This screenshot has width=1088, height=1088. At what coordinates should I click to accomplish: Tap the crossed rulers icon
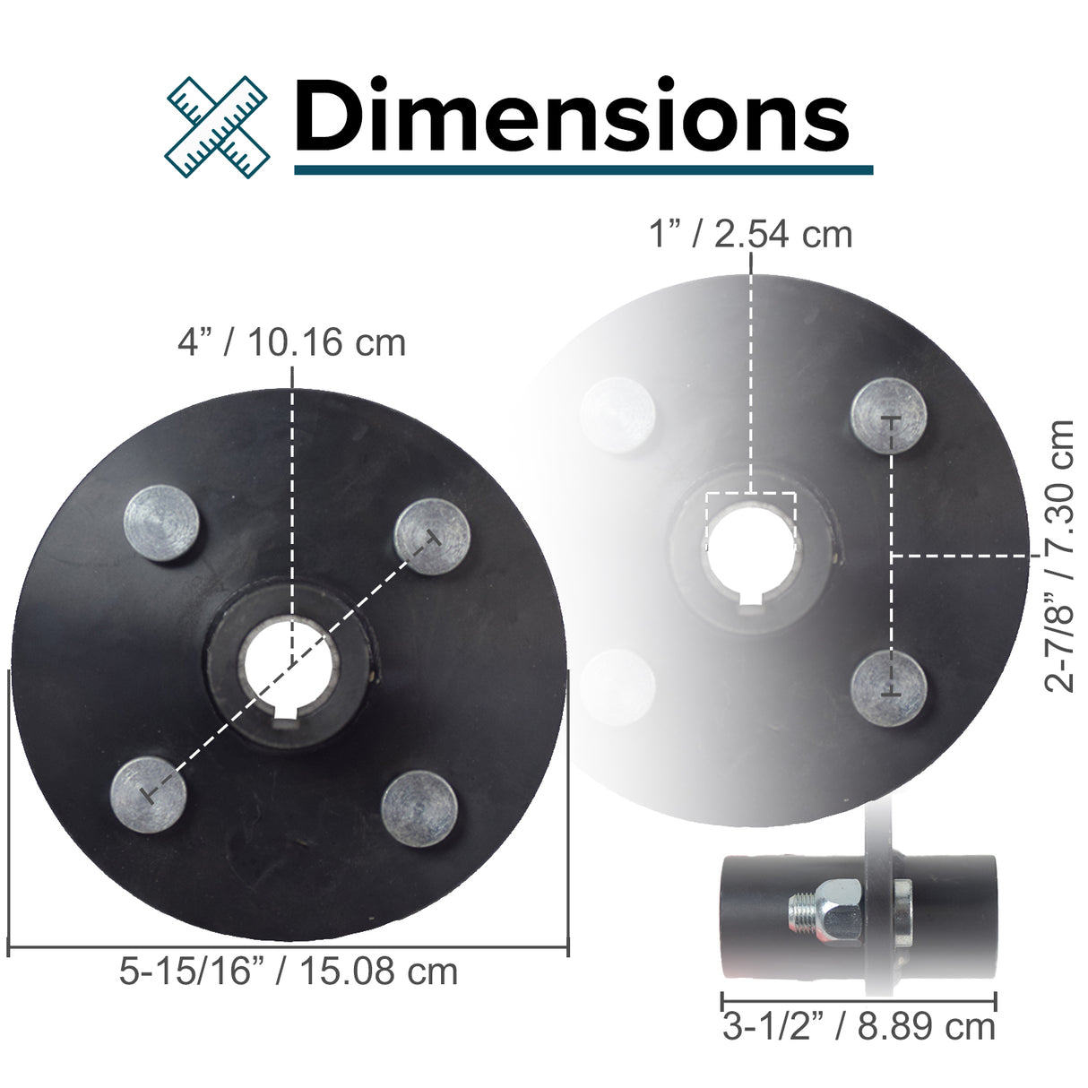218,125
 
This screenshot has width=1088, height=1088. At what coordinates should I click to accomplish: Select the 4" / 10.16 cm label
291,342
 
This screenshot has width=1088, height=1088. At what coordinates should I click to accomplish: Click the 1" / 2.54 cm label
750,234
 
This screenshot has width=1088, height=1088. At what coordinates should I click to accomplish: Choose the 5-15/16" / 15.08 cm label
288,971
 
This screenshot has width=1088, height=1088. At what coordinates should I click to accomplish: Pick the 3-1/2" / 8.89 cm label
859,1027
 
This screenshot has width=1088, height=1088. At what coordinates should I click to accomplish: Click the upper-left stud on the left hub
161,524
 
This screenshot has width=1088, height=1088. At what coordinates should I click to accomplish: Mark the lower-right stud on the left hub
419,807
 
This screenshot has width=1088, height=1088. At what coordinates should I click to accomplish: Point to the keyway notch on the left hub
289,713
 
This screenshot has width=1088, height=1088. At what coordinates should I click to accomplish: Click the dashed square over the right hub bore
750,521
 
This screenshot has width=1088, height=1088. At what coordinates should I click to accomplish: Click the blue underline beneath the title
583,168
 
